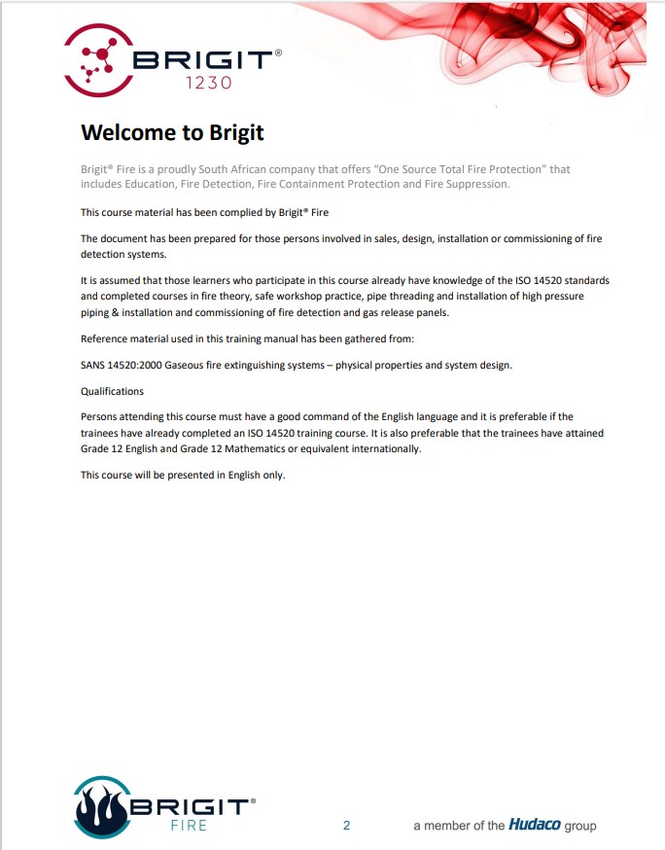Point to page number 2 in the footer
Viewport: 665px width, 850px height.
coord(346,826)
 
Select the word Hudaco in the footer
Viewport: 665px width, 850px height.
coord(535,826)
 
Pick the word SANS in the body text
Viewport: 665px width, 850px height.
coord(94,365)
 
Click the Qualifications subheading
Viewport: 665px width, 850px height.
coord(112,391)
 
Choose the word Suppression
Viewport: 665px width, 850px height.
coord(476,184)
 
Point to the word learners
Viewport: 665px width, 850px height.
coord(197,280)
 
